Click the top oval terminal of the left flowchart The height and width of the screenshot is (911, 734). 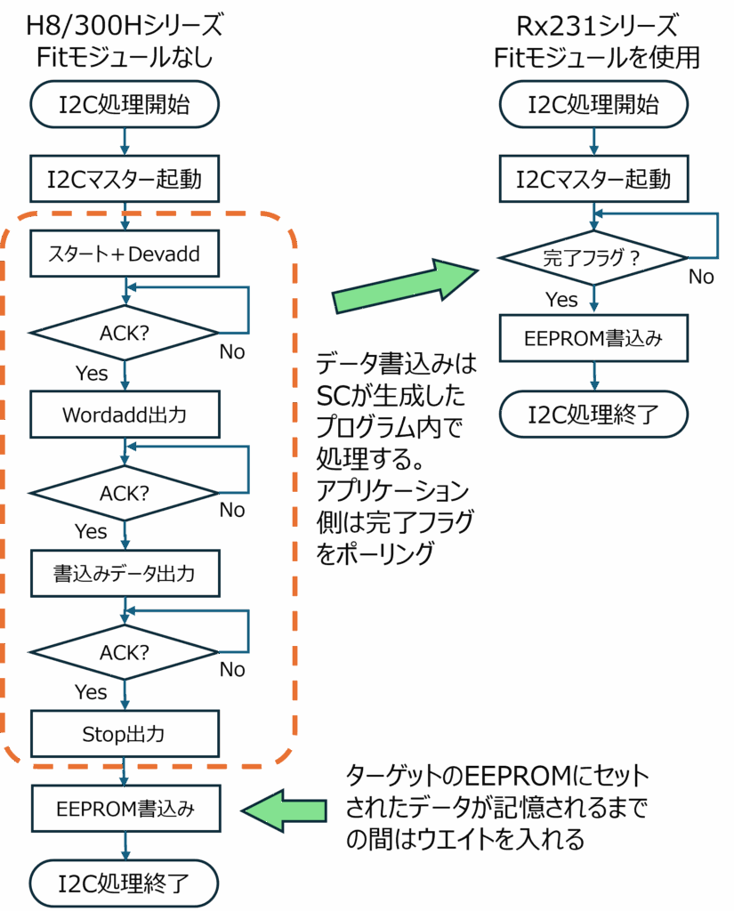point(125,105)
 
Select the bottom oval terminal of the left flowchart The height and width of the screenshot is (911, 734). point(124,883)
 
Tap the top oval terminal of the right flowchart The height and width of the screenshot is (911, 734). point(593,105)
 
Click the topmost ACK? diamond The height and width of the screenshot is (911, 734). point(124,333)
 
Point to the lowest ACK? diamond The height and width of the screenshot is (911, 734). point(124,651)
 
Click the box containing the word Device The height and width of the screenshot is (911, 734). point(124,253)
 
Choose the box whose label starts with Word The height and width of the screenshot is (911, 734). point(124,414)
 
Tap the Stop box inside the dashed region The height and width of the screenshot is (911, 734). point(124,733)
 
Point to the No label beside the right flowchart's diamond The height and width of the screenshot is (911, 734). point(705,277)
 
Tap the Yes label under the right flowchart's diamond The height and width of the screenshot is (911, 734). point(561,300)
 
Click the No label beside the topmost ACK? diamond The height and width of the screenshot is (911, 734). point(234,352)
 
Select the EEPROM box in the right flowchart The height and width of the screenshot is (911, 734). point(593,337)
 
